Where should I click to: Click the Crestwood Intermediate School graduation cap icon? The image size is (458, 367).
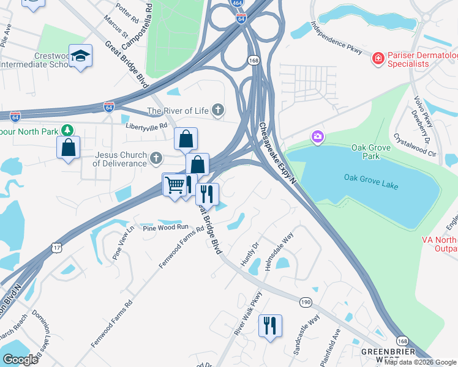click(x=80, y=56)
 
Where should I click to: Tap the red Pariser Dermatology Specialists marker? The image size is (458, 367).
click(x=378, y=59)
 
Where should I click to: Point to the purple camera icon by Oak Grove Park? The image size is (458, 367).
click(x=317, y=136)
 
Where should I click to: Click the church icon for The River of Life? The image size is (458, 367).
click(x=217, y=111)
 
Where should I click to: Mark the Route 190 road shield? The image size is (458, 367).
click(x=306, y=302)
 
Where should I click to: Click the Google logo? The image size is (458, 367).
click(x=20, y=360)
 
